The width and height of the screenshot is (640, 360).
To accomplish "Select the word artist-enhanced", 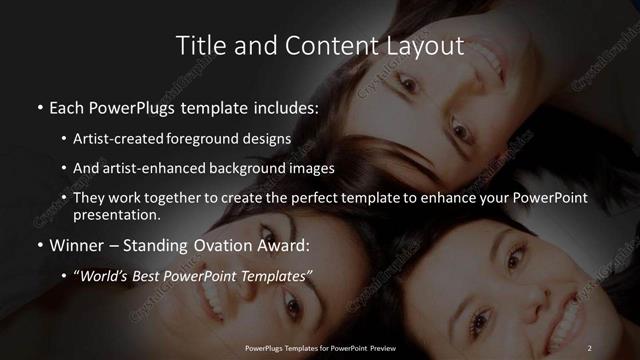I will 144,169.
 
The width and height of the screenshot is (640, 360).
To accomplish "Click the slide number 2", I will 589,347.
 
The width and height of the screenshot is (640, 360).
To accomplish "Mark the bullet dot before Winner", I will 40,245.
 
